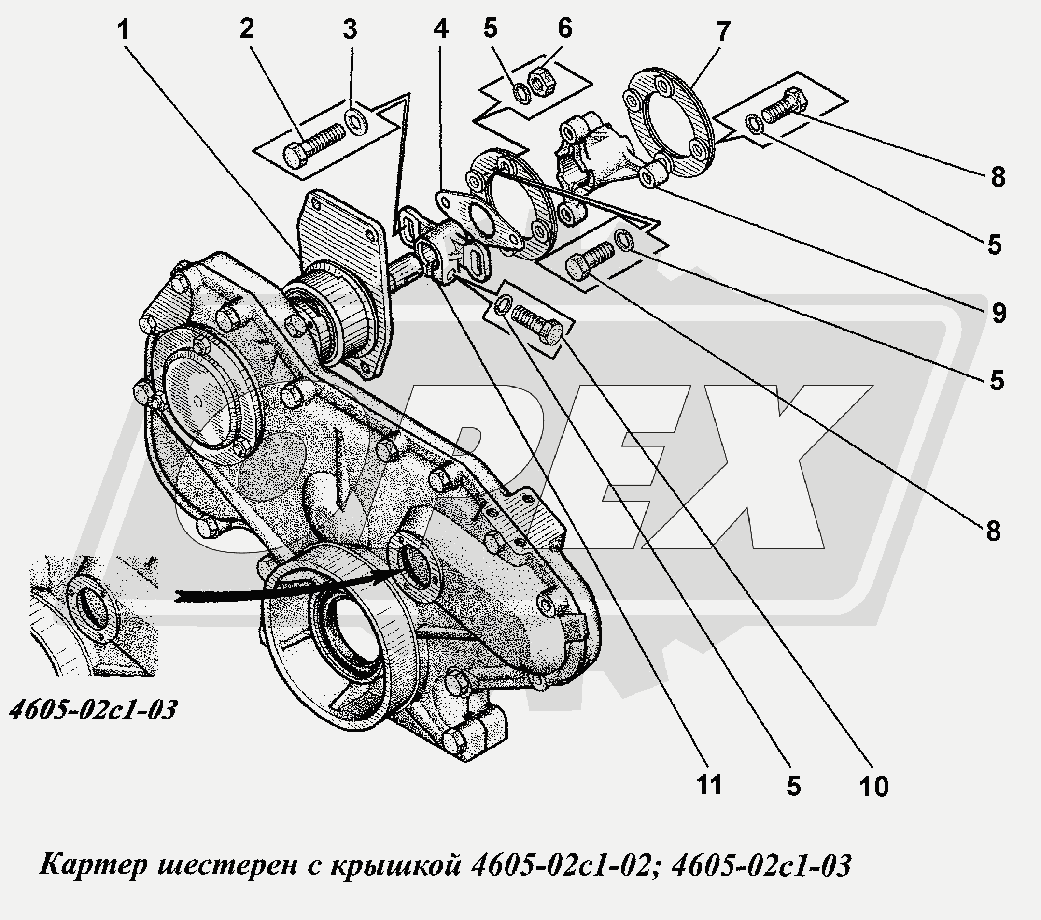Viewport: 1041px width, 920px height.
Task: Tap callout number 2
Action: click(247, 29)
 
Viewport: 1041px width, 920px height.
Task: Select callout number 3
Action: click(350, 30)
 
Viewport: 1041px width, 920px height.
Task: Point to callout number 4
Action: click(441, 29)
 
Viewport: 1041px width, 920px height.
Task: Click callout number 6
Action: click(565, 29)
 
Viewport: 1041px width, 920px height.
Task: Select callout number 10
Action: click(874, 787)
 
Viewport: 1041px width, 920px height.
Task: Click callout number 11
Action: click(709, 786)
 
